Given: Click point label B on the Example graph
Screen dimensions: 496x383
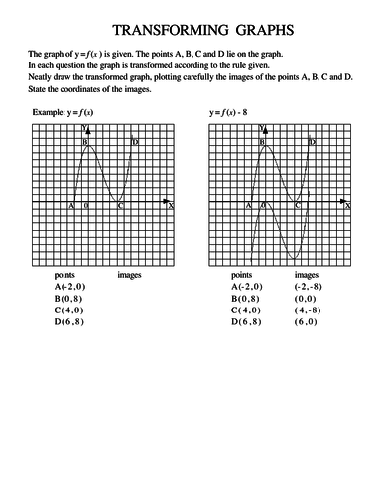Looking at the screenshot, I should (x=85, y=143).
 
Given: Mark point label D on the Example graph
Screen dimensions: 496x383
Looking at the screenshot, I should (x=135, y=143).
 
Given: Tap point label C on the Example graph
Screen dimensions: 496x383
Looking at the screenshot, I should (x=120, y=205).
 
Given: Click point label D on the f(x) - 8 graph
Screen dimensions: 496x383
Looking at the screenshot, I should (x=312, y=143).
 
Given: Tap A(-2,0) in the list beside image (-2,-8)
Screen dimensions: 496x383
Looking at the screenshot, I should (x=246, y=286).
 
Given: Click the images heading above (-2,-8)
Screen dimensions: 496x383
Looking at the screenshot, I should (x=307, y=273).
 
